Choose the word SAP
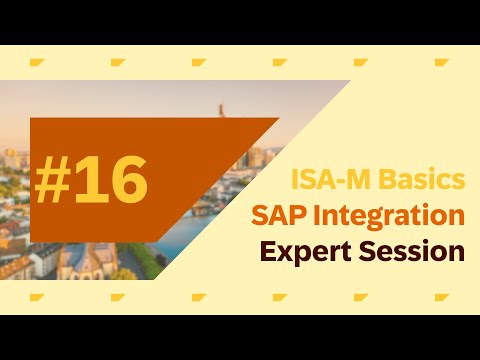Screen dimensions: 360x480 pos(276,215)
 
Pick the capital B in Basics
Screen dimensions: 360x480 pos(390,180)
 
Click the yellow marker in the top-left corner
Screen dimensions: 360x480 pos(36,63)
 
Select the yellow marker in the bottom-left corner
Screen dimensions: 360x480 pos(36,297)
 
